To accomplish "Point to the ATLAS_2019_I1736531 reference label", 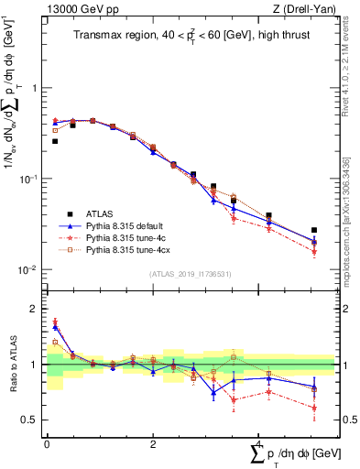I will [190, 274].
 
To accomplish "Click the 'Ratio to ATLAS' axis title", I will [17, 364].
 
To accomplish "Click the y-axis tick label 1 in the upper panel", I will [34, 89].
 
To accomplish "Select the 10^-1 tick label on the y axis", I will [29, 180].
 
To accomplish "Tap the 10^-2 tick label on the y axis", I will [29, 269].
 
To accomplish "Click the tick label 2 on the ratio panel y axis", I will [34, 309].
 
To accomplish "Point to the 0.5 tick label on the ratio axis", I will [30, 420].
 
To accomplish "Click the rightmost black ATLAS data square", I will [314, 230].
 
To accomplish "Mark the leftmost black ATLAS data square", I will [55, 141].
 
